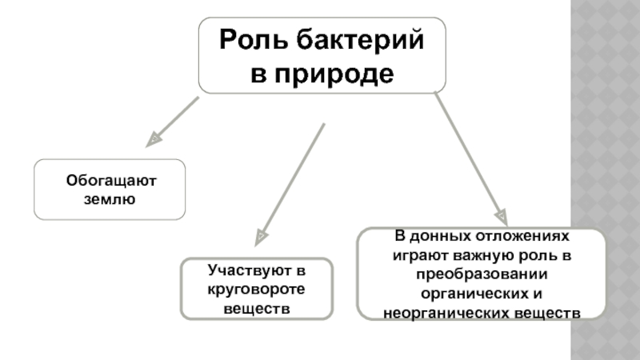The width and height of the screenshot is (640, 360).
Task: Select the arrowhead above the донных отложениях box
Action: (x=501, y=217)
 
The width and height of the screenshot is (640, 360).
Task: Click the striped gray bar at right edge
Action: (x=608, y=180)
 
